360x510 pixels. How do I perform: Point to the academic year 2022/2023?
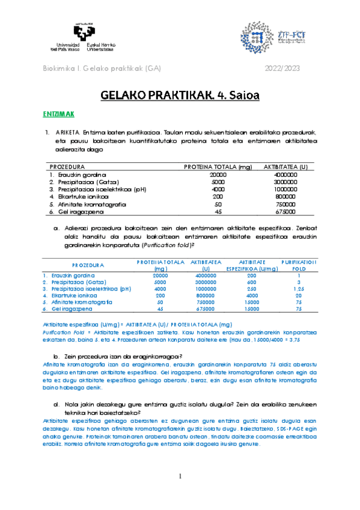[x=282, y=69]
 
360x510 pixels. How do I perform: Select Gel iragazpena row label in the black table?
[x=77, y=212]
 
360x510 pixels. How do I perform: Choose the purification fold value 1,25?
[x=299, y=288]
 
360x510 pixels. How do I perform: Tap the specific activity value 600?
[x=251, y=281]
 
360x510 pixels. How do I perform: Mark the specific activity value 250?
[x=251, y=288]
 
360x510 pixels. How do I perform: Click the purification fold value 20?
[x=299, y=295]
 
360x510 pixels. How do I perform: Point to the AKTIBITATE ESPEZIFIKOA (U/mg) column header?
[x=252, y=265]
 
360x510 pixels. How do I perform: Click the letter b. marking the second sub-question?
[x=56, y=355]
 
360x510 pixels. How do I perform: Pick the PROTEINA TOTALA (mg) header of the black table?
[x=217, y=167]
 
